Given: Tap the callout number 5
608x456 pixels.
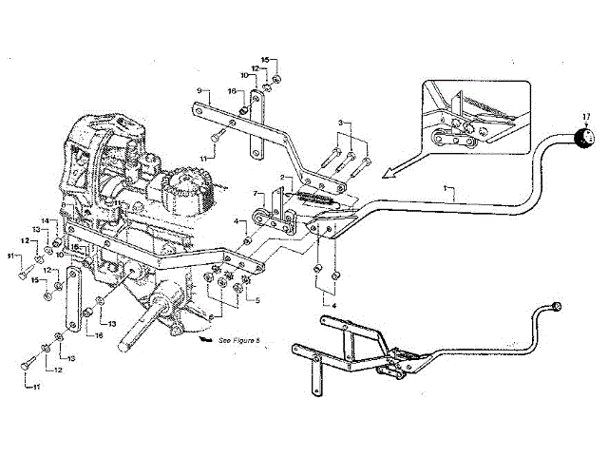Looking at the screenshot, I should [x=255, y=301].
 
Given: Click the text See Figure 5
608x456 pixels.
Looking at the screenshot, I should [x=238, y=339].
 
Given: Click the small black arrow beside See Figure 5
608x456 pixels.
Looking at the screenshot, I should [x=202, y=336].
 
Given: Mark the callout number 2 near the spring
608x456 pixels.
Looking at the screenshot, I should [x=281, y=178].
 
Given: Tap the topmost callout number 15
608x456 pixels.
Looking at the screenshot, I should [x=268, y=59].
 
